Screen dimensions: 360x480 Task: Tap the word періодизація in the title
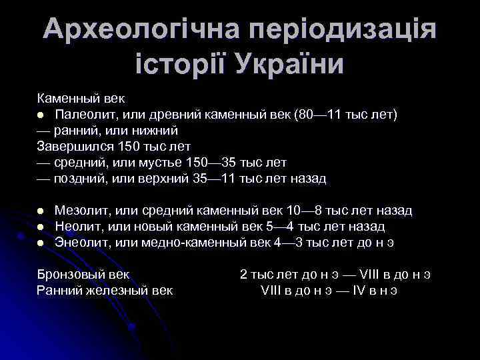[x=343, y=30]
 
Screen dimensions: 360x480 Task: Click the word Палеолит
[x=84, y=115]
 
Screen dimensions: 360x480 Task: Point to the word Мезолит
[x=82, y=211]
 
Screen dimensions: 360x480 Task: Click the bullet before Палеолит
[x=41, y=115]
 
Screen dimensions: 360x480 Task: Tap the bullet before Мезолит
[x=41, y=211]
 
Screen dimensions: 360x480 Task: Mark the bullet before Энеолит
[x=41, y=243]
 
